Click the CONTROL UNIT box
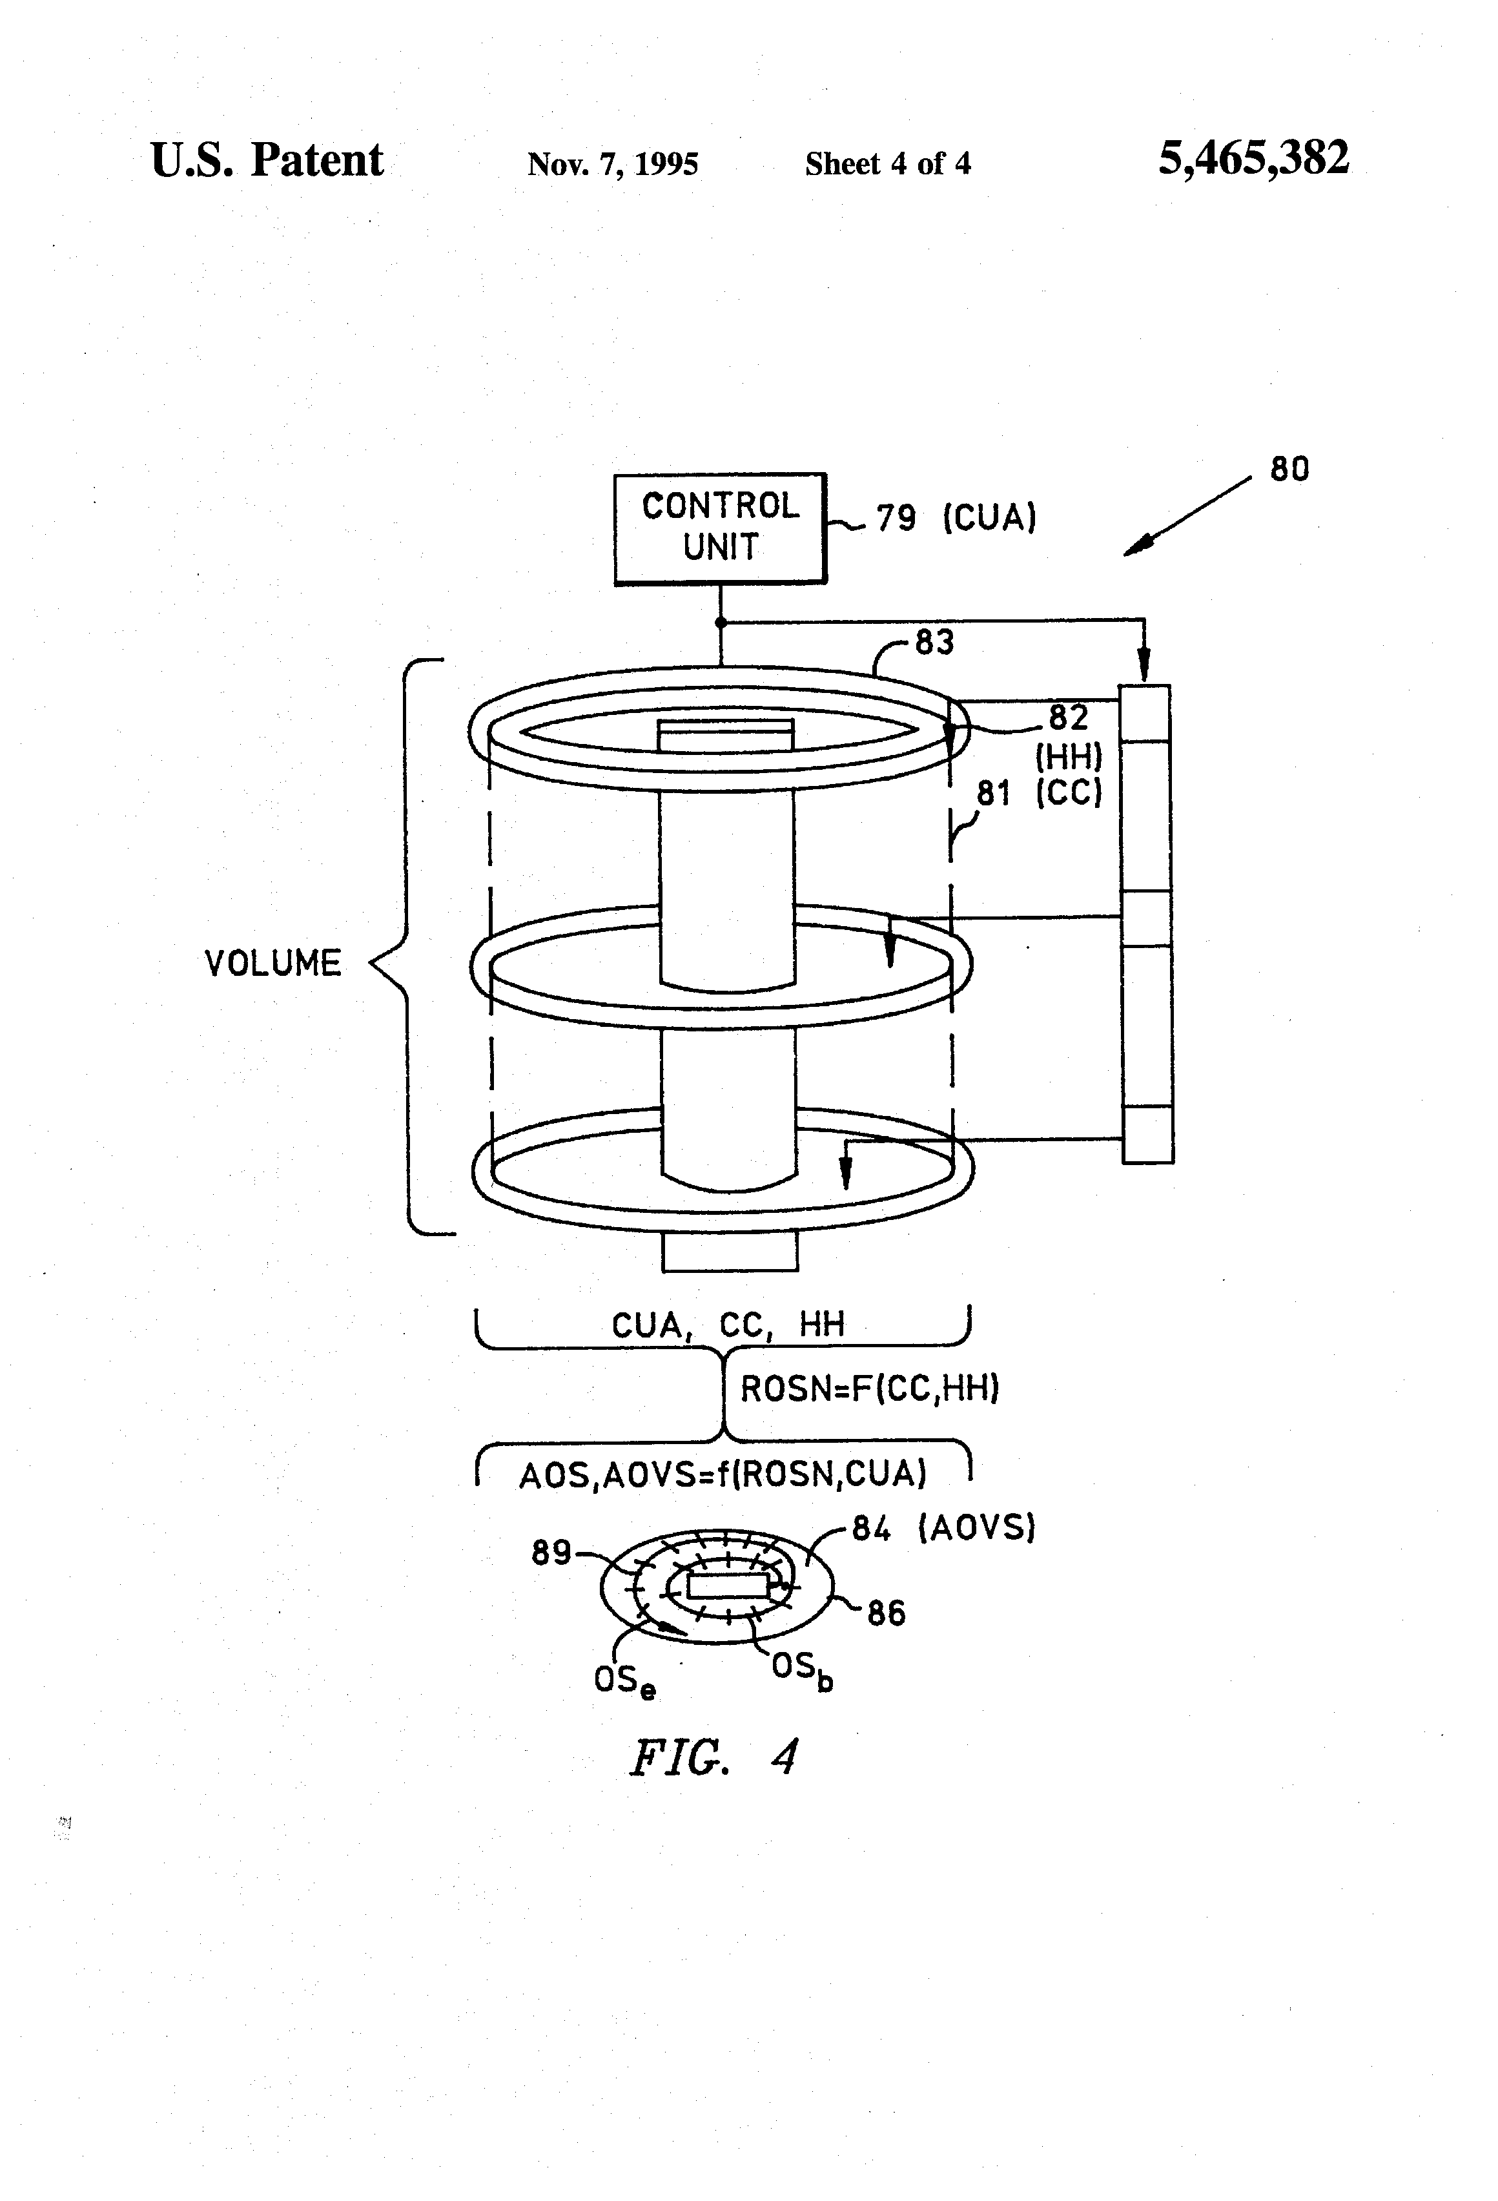tap(720, 528)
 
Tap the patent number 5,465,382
tap(1253, 158)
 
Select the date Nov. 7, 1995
tap(613, 164)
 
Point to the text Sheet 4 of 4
tap(887, 164)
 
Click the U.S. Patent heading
tap(267, 160)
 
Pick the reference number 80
tap(1289, 469)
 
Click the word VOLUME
tap(272, 963)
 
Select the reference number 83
tap(934, 642)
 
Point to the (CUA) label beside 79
tap(989, 518)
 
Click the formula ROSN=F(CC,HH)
tap(869, 1389)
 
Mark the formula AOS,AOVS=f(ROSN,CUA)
tap(723, 1474)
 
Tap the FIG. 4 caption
tap(713, 1756)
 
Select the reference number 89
tap(551, 1552)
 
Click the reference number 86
tap(887, 1613)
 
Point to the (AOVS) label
tap(977, 1527)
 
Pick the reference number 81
tap(993, 792)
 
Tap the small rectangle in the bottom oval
tap(727, 1586)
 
